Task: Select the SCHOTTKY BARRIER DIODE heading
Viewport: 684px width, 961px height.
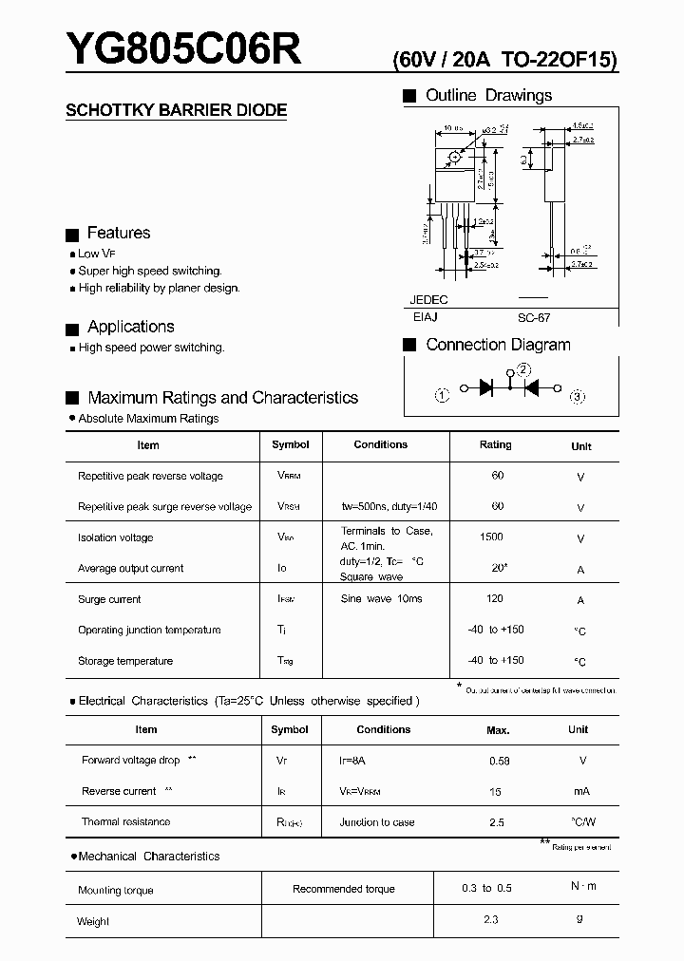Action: coord(176,110)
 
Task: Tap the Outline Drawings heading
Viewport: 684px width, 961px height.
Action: coord(488,95)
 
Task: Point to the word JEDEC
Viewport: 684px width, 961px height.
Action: coord(428,299)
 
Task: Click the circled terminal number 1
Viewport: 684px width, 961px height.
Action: coord(441,395)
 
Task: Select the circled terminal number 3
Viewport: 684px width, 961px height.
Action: coord(578,396)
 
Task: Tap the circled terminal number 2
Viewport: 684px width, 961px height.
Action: coord(524,370)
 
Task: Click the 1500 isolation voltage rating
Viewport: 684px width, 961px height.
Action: coord(491,537)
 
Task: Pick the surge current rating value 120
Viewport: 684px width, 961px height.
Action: coord(495,599)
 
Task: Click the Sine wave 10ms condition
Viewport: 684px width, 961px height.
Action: coord(381,599)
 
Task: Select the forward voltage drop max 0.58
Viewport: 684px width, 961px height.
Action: coord(499,761)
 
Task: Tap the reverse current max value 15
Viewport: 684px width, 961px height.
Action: coord(496,791)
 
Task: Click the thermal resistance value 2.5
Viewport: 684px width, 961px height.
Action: coord(496,822)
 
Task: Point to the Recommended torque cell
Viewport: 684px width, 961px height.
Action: coord(343,889)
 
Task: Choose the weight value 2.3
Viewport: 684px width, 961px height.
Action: coord(490,919)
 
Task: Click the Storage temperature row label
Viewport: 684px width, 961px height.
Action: coord(125,661)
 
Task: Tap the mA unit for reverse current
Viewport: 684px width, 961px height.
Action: coord(581,791)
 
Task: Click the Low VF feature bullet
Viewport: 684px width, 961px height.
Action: coord(95,254)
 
